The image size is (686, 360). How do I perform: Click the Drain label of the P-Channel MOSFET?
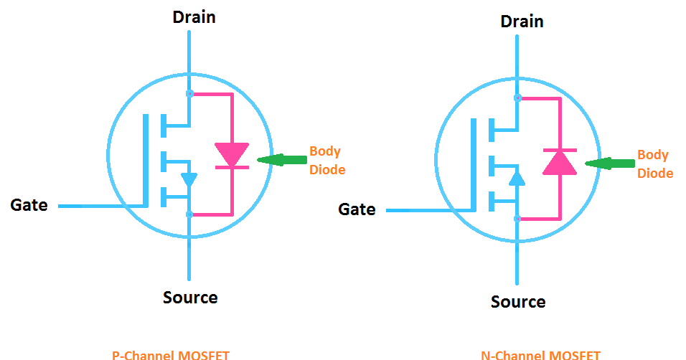pyautogui.click(x=194, y=17)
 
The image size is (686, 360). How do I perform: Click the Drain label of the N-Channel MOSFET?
pyautogui.click(x=522, y=22)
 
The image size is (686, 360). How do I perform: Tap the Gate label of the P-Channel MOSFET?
pyautogui.click(x=29, y=205)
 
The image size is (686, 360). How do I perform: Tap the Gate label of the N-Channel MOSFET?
pyautogui.click(x=357, y=209)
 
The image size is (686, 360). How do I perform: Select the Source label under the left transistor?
pyautogui.click(x=190, y=297)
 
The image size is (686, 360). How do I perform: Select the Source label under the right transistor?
pyautogui.click(x=518, y=301)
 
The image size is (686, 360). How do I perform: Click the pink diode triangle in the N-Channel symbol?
pyautogui.click(x=560, y=163)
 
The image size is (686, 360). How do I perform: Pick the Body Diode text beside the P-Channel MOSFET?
pyautogui.click(x=326, y=161)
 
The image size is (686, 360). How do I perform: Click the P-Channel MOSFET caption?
pyautogui.click(x=171, y=355)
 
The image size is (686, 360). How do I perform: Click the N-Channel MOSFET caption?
pyautogui.click(x=540, y=355)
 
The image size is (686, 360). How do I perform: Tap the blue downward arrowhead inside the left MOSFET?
pyautogui.click(x=189, y=180)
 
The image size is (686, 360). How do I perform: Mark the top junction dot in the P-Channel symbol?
pyautogui.click(x=189, y=93)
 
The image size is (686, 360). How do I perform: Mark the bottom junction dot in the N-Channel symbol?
pyautogui.click(x=517, y=218)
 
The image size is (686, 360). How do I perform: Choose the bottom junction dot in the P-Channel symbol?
pyautogui.click(x=189, y=214)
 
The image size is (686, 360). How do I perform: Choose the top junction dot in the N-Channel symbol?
pyautogui.click(x=517, y=98)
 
